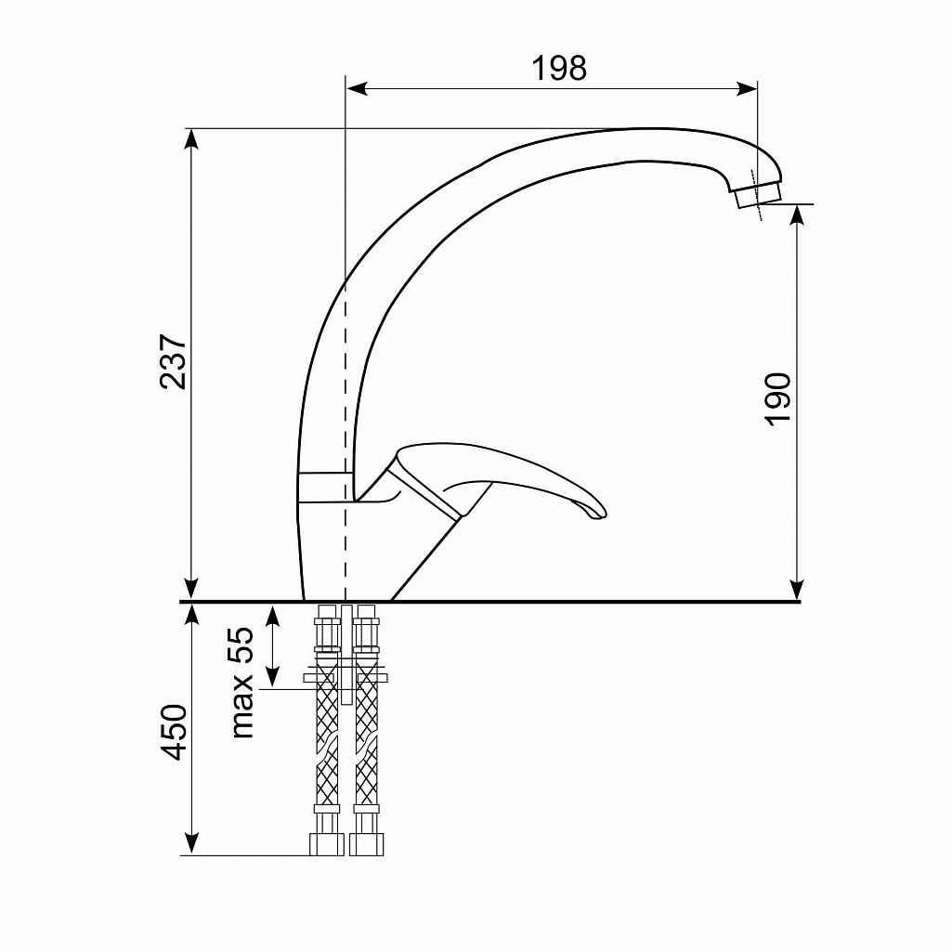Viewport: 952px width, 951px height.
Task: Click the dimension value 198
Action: coord(559,68)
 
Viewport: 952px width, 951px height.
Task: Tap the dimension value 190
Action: coord(778,399)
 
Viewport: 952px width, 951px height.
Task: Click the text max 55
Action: coord(241,682)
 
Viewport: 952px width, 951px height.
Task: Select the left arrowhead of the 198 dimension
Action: coord(357,88)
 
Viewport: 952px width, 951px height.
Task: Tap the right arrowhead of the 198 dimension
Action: coord(747,88)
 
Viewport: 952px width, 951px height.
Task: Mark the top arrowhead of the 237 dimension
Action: coord(191,139)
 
